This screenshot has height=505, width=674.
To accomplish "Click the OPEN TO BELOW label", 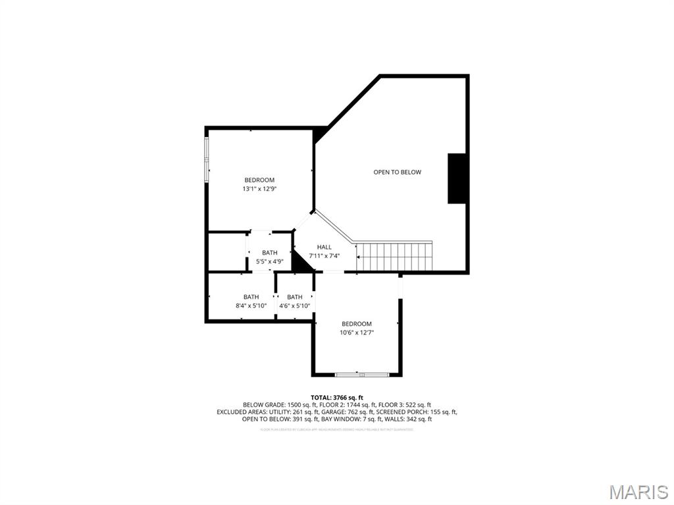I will (397, 173).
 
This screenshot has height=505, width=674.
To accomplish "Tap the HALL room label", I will (324, 247).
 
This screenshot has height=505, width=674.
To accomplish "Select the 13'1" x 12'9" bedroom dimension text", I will (259, 189).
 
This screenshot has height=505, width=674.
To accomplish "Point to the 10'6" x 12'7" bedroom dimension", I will (356, 332).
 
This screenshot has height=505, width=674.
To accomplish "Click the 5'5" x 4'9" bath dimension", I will (269, 261).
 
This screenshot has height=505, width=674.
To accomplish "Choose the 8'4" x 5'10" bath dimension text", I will (251, 306).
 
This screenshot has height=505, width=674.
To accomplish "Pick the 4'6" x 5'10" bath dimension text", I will (294, 306).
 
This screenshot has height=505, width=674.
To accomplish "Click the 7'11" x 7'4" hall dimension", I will (324, 255).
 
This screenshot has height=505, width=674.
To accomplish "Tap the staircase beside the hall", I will (394, 256).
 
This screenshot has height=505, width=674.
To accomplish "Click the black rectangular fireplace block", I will (457, 178).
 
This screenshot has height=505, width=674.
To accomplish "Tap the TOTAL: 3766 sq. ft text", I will (337, 398).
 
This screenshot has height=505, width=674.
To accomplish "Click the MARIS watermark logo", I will (638, 491).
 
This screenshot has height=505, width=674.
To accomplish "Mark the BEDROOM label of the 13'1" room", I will (259, 180).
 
